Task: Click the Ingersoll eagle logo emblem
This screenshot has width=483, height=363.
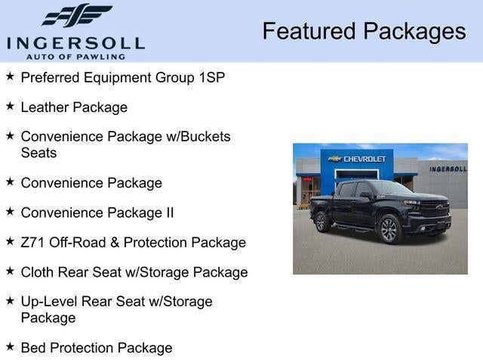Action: [77, 16]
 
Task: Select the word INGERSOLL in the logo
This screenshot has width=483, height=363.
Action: [75, 42]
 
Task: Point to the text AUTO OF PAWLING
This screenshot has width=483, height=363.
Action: [75, 56]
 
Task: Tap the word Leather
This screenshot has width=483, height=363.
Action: [45, 107]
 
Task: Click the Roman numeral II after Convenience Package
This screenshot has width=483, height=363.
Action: [169, 213]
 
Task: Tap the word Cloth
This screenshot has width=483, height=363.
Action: [38, 272]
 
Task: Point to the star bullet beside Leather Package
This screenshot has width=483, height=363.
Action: [10, 106]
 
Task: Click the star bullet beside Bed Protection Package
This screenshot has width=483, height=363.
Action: [10, 346]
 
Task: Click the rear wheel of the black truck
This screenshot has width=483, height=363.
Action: [321, 222]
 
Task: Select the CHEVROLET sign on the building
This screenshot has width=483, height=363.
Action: [365, 159]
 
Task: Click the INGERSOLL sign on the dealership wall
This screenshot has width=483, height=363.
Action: [448, 169]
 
